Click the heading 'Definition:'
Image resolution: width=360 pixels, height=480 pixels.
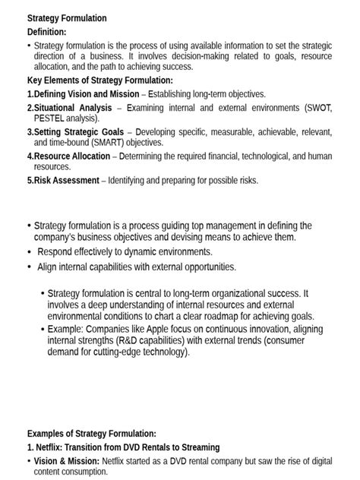[46, 32]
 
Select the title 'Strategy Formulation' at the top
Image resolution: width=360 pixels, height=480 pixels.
[67, 18]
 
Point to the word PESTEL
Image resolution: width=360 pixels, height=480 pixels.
[51, 118]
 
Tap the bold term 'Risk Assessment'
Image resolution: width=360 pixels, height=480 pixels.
[66, 180]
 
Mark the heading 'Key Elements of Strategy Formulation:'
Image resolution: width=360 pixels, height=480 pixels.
[100, 80]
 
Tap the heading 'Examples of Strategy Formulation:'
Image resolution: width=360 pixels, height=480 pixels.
[92, 433]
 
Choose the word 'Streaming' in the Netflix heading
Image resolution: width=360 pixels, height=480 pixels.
[199, 447]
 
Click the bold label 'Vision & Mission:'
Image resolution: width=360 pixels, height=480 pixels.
[67, 461]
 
